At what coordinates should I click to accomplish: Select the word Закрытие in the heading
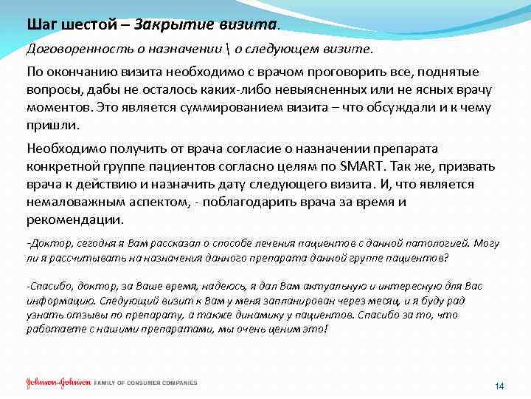[175, 24]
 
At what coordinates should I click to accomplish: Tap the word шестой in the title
[87, 24]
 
